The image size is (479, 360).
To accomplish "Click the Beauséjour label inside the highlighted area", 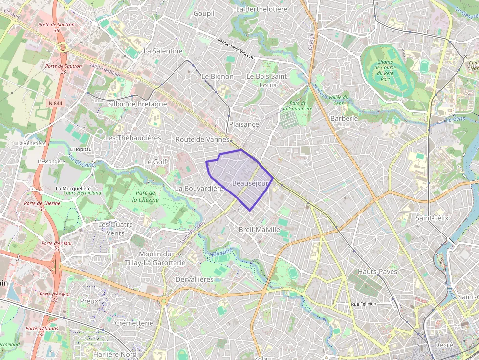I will pos(251,183).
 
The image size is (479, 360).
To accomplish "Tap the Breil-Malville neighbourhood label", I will pos(259,229).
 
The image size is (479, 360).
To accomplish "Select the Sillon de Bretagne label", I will pos(137,104).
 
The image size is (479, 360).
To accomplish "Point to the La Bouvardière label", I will pos(199,188).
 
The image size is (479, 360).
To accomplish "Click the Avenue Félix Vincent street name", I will pos(235,48).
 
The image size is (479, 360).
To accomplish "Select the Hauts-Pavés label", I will pos(377,271).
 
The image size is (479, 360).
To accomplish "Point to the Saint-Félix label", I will pos(432,218).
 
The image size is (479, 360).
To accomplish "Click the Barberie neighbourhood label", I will pos(344,118).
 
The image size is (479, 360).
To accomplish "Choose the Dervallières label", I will pos(195,279).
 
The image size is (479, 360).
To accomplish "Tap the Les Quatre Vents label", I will pos(111,229).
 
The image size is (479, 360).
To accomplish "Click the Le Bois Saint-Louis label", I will pos(268,81).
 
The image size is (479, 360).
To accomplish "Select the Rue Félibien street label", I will pos(367,304).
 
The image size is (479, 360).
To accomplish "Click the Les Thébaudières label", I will pos(133,138).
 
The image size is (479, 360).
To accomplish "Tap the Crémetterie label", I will pos(134,323).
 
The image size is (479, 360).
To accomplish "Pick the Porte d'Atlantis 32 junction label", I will pos(42,331).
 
